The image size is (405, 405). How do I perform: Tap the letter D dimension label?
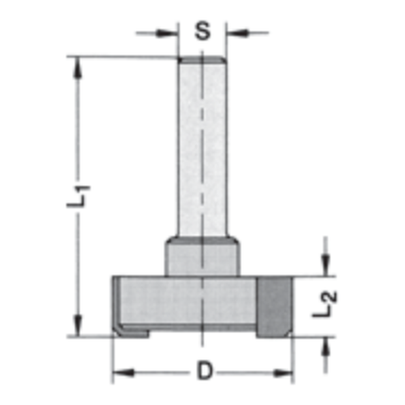(x=205, y=372)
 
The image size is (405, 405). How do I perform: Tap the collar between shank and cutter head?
(x=202, y=257)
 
